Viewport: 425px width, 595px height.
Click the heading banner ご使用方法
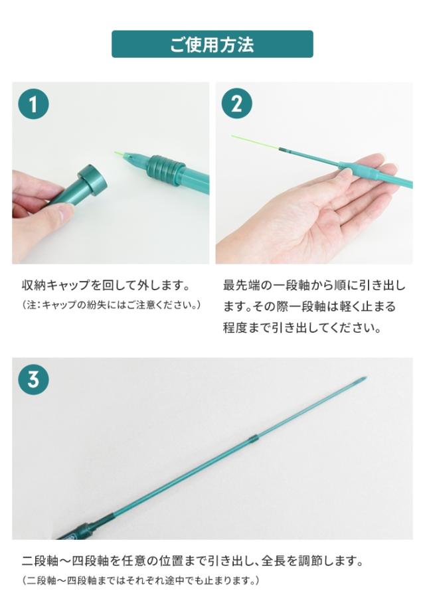(x=212, y=44)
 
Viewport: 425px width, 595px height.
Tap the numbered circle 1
(x=33, y=104)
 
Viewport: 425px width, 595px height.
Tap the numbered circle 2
(x=237, y=104)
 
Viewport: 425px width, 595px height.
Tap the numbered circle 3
(x=33, y=379)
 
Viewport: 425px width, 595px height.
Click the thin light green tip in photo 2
(x=255, y=142)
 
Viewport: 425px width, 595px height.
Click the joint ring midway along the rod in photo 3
(x=253, y=439)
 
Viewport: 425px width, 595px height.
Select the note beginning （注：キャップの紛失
(x=112, y=305)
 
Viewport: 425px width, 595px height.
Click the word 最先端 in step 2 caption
(x=242, y=286)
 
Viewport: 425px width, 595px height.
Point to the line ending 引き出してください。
(x=302, y=328)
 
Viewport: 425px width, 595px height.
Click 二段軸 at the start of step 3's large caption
(x=41, y=560)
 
